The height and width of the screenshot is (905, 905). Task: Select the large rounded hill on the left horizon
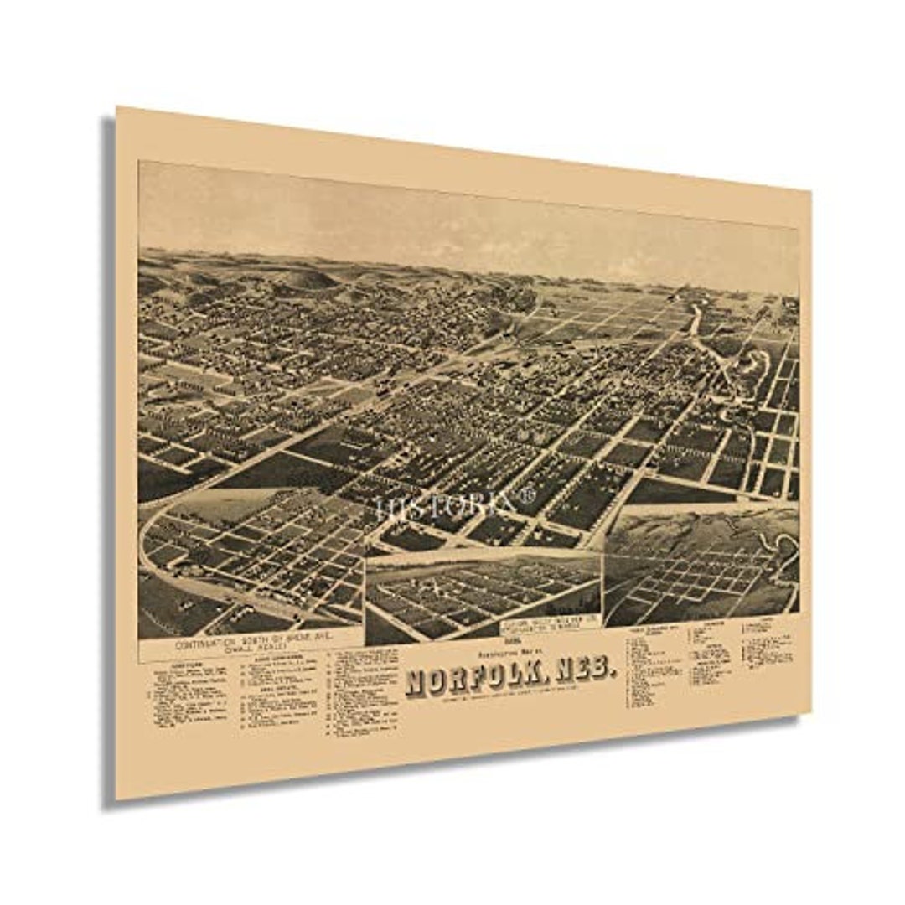click(x=307, y=279)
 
